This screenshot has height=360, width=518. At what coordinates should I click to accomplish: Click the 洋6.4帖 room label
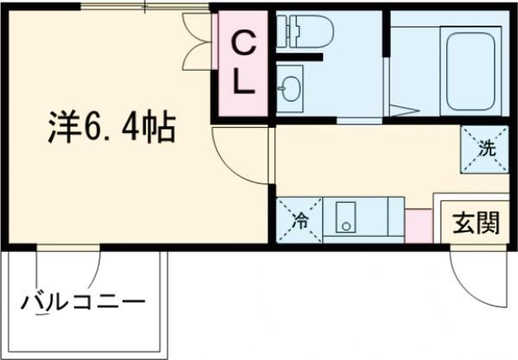(x=110, y=129)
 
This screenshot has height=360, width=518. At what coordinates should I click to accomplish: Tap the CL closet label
(x=243, y=62)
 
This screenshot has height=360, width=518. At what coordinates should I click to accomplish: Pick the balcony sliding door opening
(x=69, y=249)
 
